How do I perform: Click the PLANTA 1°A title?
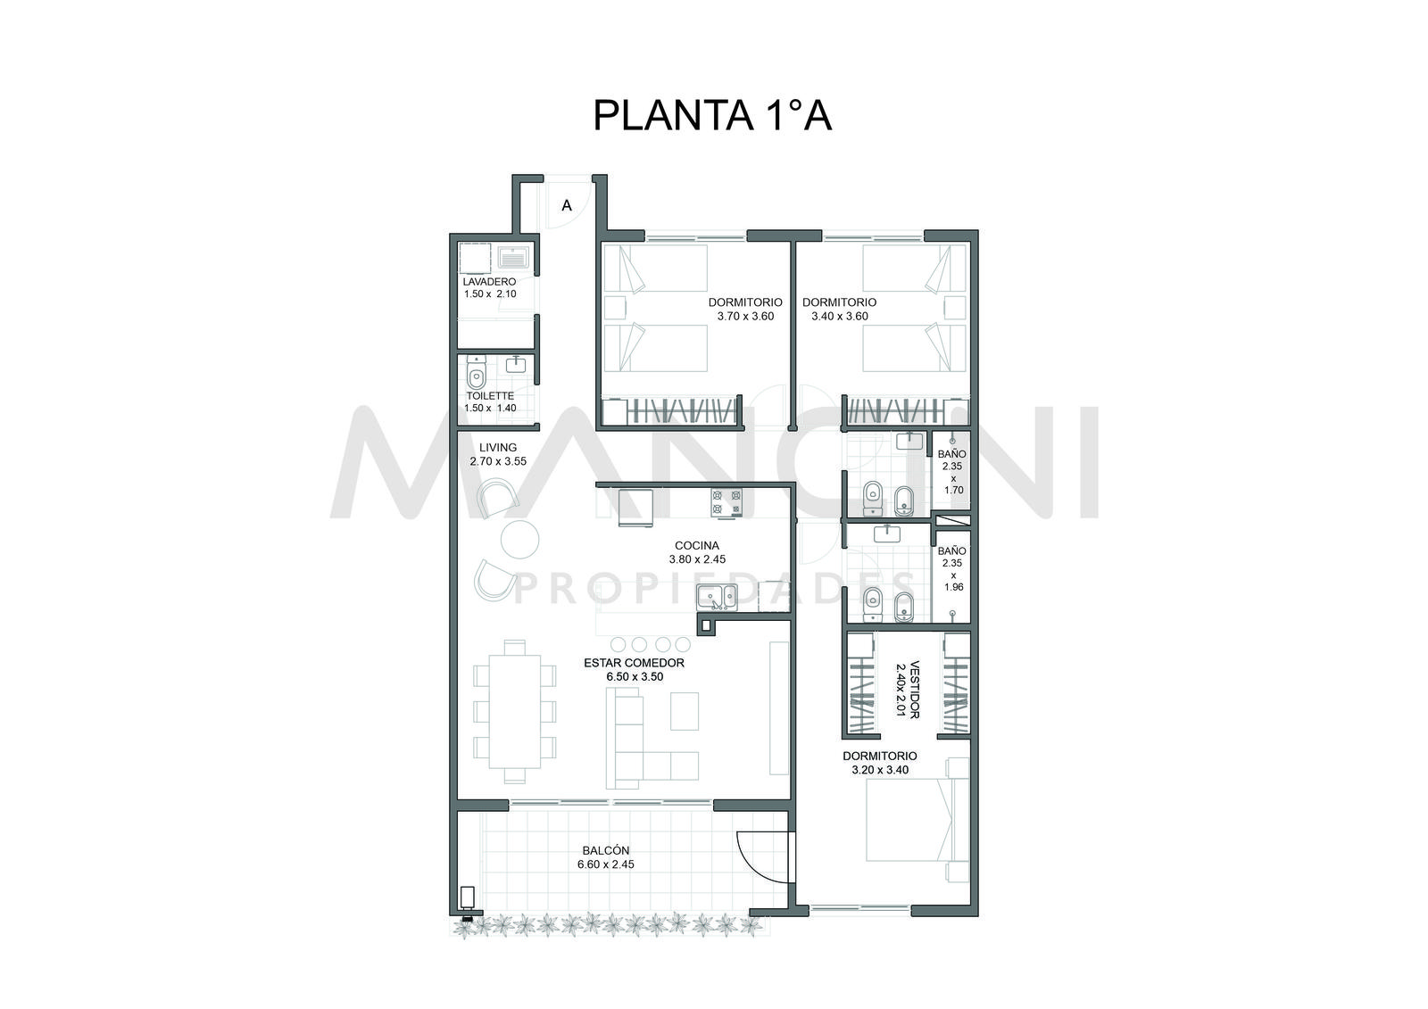point(712,115)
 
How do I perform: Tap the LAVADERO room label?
point(489,282)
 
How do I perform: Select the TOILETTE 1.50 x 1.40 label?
point(490,402)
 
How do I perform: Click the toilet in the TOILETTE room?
point(476,374)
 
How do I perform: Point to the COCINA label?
point(697,546)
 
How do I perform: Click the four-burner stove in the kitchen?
point(726,501)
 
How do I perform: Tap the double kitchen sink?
point(717,597)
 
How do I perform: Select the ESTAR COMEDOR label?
point(634,663)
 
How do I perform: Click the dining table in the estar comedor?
point(514,711)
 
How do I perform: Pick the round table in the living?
point(519,540)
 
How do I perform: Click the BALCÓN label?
point(605,851)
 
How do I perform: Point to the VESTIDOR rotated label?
point(914,689)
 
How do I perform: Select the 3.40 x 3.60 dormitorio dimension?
point(839,316)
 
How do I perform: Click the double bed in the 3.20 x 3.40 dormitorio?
point(909,820)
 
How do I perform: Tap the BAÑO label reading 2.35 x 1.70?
point(952,472)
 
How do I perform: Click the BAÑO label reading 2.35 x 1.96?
point(952,568)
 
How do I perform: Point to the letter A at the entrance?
point(566,206)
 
